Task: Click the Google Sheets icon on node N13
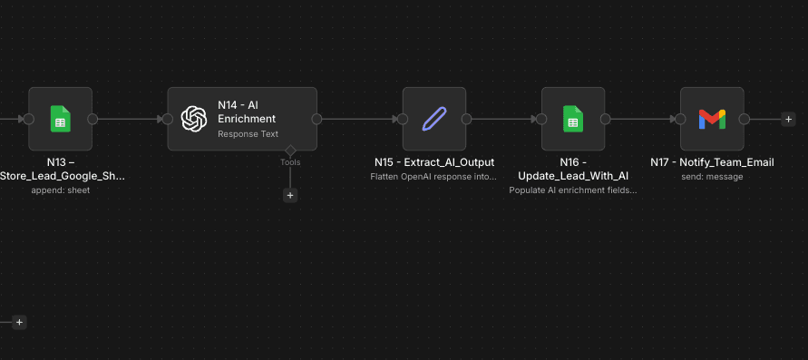60,119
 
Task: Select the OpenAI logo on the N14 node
194,119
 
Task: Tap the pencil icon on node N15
434,119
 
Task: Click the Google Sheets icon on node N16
573,119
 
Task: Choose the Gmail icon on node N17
712,119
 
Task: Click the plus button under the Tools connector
290,195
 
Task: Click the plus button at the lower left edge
19,322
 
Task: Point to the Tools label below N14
290,162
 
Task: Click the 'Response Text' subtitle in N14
248,134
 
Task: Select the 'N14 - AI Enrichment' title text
247,112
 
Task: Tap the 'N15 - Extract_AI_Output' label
434,162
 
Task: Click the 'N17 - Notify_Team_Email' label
712,162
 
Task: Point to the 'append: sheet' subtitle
60,190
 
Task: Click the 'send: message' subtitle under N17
712,177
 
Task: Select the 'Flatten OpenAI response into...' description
434,177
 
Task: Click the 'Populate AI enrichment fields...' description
573,190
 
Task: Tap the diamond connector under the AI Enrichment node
290,150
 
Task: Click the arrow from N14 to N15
359,119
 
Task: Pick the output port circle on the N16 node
605,119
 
